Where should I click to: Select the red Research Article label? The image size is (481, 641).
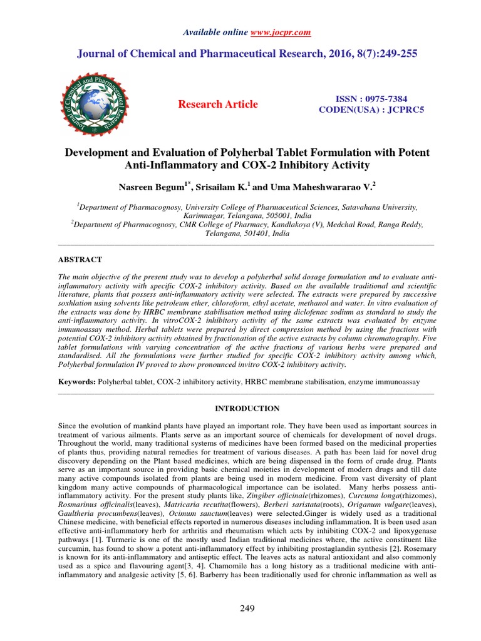[x=217, y=104]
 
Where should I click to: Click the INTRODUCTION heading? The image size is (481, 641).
[x=247, y=408]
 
